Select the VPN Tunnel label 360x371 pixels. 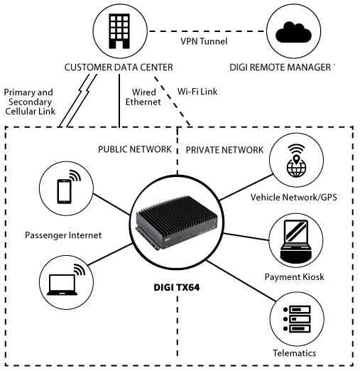tap(204, 42)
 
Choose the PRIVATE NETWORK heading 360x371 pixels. tap(224, 149)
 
